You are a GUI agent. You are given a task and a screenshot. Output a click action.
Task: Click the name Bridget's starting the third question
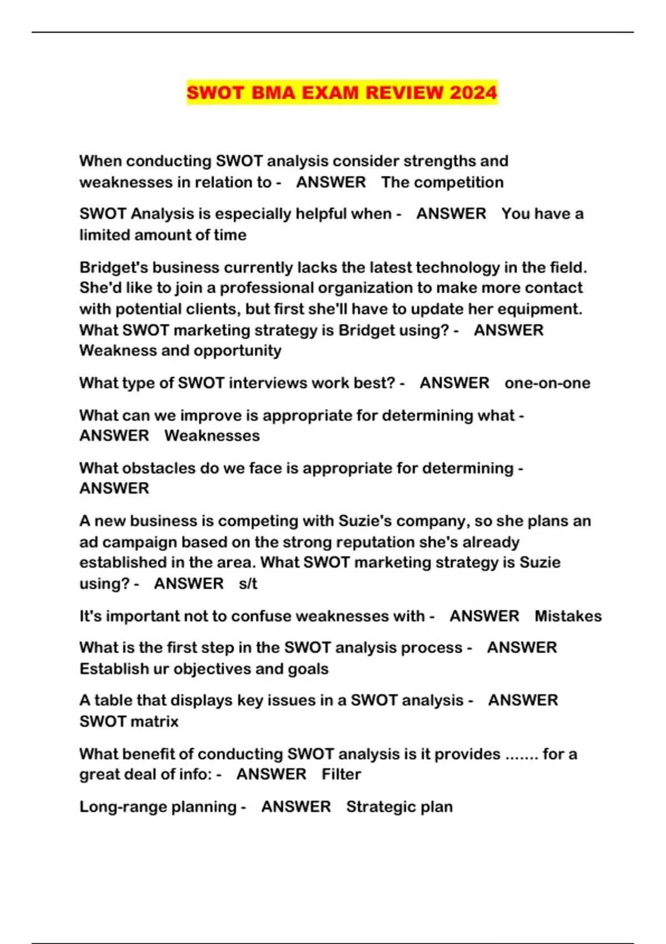click(114, 267)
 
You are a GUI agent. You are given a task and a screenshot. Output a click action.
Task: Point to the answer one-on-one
click(547, 383)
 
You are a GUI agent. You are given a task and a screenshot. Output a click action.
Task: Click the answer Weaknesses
click(212, 435)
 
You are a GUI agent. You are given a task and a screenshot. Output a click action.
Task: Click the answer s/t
click(248, 584)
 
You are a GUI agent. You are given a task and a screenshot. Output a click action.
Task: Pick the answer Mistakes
click(568, 616)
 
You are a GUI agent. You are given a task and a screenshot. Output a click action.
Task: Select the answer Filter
click(341, 774)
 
